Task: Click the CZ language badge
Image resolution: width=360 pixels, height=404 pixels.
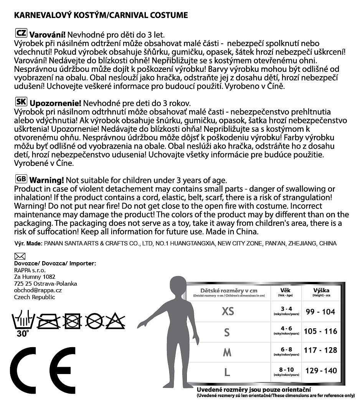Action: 21,33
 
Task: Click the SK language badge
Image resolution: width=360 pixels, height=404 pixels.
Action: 21,103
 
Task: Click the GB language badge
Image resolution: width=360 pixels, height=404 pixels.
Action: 21,179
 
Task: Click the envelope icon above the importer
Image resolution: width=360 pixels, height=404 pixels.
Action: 19,256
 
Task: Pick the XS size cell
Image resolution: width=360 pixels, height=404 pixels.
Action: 228,311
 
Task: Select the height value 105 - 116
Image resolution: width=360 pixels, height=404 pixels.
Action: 320,331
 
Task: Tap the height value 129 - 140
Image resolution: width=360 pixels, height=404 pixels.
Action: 321,371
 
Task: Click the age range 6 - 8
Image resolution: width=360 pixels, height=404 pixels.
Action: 286,349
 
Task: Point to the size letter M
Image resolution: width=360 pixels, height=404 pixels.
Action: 227,353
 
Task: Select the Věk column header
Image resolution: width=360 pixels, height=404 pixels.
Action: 286,291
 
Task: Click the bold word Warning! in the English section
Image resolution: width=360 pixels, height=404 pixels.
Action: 46,180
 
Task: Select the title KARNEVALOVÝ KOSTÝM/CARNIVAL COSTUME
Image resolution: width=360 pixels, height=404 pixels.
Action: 101,15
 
